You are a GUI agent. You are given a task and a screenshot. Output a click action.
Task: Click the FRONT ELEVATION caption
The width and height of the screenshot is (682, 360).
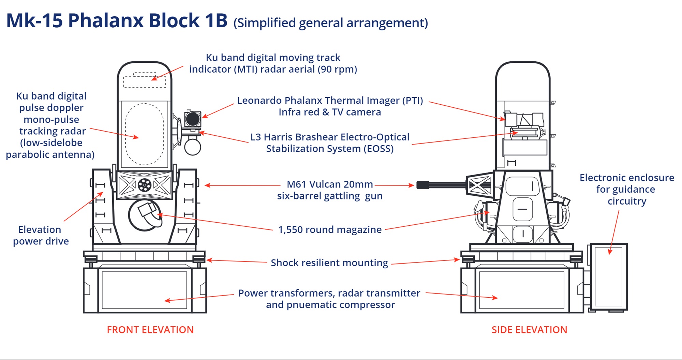(x=150, y=330)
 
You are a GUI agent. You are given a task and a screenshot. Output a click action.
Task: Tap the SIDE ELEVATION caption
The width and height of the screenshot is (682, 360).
(x=529, y=330)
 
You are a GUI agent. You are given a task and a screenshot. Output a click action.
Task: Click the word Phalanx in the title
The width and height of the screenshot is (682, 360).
(x=106, y=20)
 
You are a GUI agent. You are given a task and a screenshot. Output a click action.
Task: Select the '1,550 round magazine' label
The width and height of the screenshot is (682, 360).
(x=330, y=229)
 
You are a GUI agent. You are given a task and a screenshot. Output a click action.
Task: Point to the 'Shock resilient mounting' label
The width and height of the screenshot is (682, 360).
(x=329, y=263)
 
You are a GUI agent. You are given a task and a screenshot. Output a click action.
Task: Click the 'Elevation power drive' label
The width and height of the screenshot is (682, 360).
(x=41, y=235)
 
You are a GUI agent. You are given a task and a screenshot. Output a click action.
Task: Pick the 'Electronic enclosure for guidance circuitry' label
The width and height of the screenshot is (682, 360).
(x=627, y=189)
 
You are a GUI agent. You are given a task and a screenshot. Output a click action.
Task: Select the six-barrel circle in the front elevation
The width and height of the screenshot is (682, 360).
(x=144, y=185)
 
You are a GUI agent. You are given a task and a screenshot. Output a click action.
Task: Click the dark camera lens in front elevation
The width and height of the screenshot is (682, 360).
(x=193, y=119)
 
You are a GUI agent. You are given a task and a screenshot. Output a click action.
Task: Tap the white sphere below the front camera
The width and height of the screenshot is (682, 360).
(x=193, y=147)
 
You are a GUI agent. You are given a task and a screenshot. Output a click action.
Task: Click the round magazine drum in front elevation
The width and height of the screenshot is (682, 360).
(x=145, y=215)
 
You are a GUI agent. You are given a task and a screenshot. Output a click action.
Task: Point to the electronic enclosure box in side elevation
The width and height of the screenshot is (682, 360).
(x=609, y=277)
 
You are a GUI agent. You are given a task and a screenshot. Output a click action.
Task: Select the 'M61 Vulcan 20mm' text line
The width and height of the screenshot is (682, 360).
(x=330, y=184)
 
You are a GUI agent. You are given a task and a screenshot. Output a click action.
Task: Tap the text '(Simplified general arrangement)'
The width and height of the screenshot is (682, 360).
(x=330, y=23)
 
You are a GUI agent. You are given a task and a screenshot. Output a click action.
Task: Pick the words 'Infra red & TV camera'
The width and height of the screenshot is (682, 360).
(x=330, y=112)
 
